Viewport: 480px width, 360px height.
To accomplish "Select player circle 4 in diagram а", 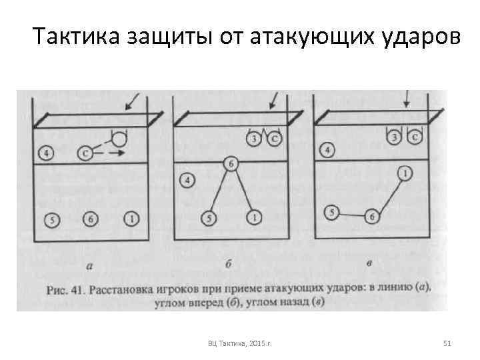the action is click(45, 153).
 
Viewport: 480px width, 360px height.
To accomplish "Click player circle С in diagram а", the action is click(85, 153).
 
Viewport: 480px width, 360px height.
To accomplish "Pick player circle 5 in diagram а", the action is click(51, 218).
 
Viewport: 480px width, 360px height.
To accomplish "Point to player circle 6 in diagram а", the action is click(91, 218).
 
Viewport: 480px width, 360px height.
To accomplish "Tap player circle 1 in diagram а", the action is click(131, 218).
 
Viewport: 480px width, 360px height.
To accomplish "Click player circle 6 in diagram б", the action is click(231, 163).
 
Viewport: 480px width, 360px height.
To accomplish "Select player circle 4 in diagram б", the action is click(187, 180).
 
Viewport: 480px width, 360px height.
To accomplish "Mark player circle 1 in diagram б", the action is click(253, 218).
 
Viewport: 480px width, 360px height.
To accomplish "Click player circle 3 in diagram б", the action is click(254, 139).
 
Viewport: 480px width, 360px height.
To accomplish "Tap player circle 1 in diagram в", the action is click(404, 174).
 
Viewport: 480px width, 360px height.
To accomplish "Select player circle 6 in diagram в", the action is click(373, 216).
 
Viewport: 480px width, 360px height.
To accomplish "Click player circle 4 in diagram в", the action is click(327, 150).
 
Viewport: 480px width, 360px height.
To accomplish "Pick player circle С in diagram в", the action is click(415, 137).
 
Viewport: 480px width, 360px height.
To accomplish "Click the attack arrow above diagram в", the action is click(406, 100).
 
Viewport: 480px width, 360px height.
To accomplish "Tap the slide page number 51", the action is click(447, 343).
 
